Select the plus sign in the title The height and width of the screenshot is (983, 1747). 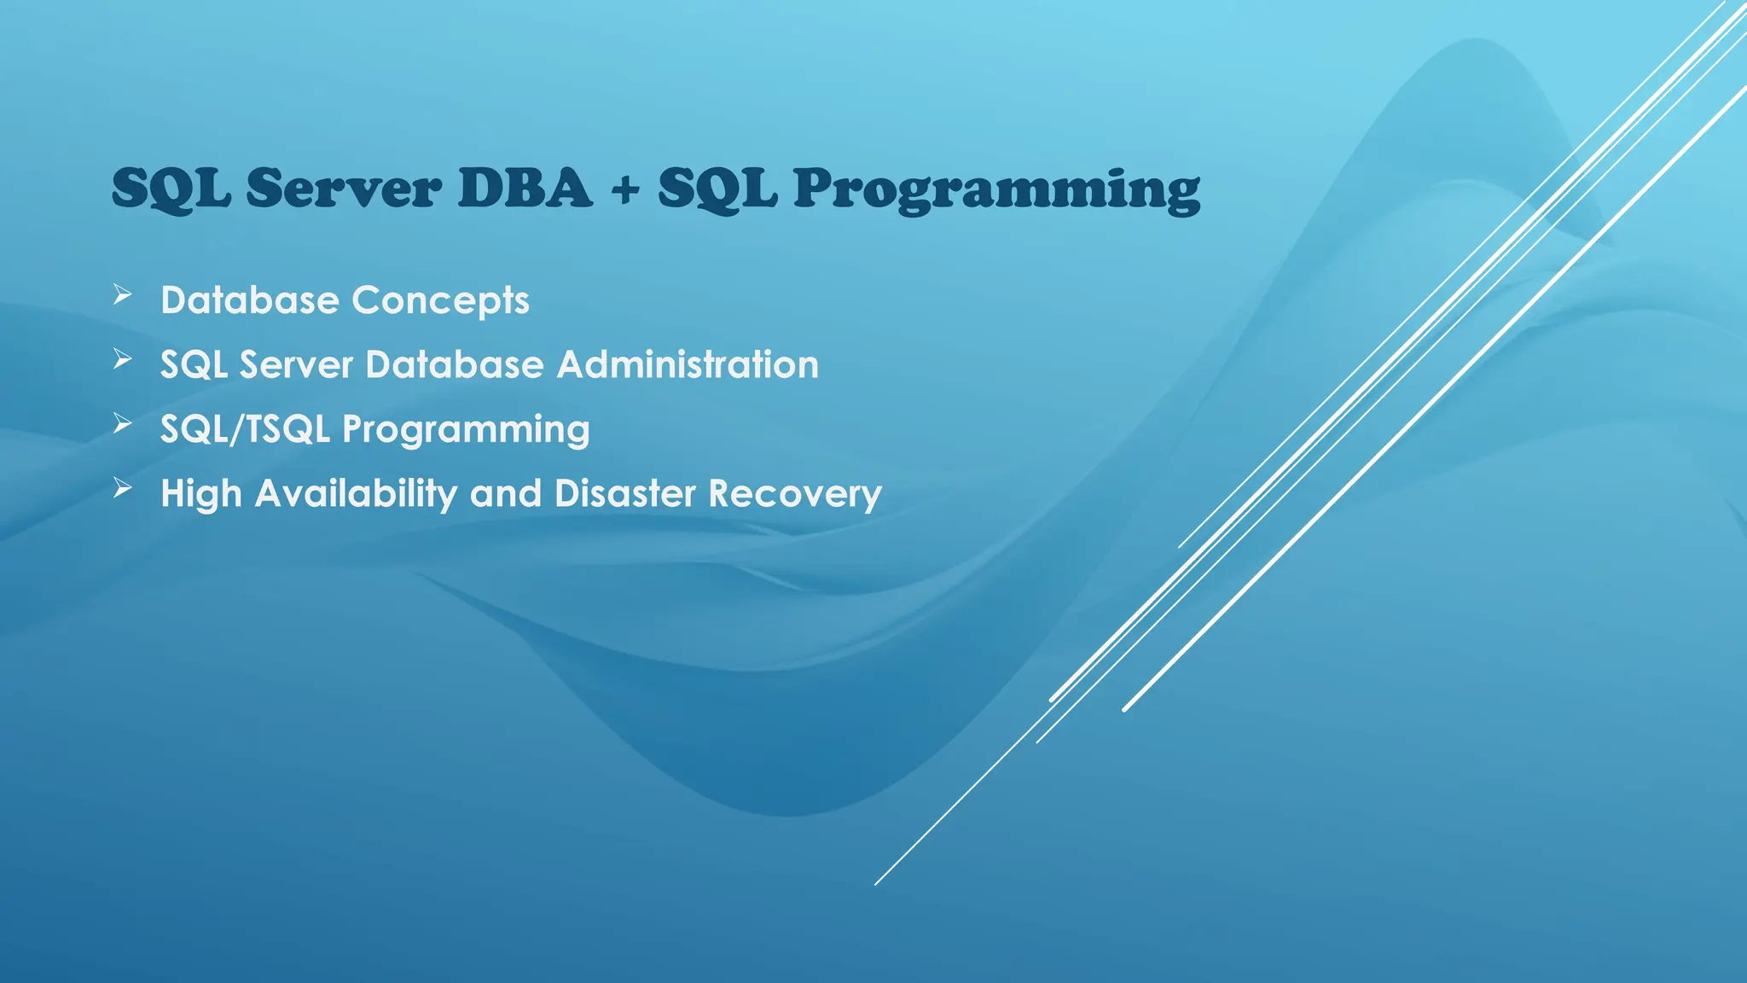tap(624, 189)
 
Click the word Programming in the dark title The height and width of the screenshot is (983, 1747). tap(996, 189)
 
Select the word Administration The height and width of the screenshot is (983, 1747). tap(688, 364)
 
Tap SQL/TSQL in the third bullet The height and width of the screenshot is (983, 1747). tap(245, 429)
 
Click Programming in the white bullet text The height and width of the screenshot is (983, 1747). tap(466, 429)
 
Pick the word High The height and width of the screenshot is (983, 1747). tap(201, 494)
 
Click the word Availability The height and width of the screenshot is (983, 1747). tap(356, 494)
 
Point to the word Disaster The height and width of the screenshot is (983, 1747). tap(625, 494)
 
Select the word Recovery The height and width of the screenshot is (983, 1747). tap(795, 494)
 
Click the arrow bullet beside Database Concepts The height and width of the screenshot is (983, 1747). tap(123, 295)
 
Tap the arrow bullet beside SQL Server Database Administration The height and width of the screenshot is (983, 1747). tap(123, 359)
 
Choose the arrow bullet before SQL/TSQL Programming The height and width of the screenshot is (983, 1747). tap(123, 423)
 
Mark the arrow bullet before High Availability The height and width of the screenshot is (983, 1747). tap(123, 488)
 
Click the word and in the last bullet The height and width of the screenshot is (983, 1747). tap(506, 494)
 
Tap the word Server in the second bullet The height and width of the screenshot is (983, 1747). tap(296, 364)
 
